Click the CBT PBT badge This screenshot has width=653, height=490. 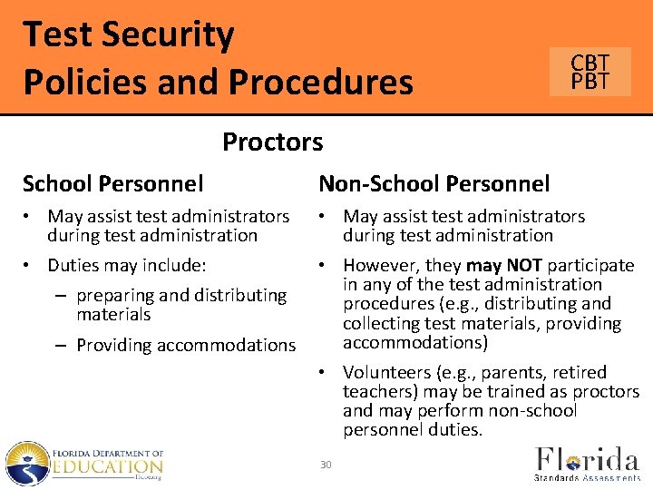[x=590, y=72]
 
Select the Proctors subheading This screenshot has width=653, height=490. [x=272, y=142]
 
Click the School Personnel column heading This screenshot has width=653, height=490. [x=112, y=184]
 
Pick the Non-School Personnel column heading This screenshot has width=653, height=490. [x=434, y=184]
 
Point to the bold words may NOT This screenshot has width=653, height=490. [x=503, y=265]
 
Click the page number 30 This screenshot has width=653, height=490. [x=326, y=465]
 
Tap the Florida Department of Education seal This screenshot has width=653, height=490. [x=26, y=463]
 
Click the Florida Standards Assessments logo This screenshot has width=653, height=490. [x=586, y=462]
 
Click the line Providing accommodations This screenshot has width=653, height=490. [x=186, y=345]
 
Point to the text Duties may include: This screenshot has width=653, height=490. [x=127, y=266]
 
